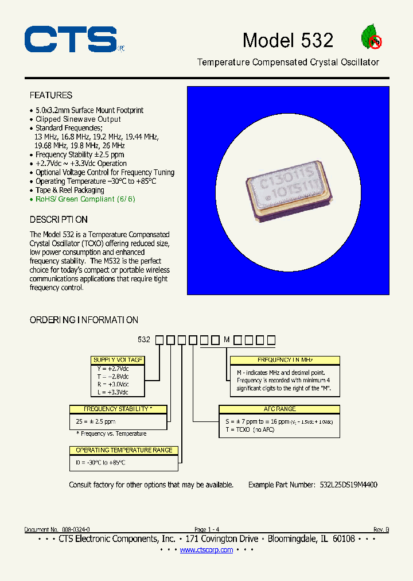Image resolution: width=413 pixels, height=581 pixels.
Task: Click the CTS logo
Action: pyautogui.click(x=71, y=40)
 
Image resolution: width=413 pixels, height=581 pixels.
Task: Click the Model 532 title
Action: pyautogui.click(x=287, y=40)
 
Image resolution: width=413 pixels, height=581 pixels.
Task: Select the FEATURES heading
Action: pyautogui.click(x=51, y=95)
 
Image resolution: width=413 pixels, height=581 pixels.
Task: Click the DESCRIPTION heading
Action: pyautogui.click(x=59, y=220)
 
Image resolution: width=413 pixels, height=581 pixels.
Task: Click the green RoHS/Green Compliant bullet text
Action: pyautogui.click(x=85, y=199)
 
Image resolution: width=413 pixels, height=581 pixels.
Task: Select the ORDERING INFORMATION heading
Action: pyautogui.click(x=84, y=320)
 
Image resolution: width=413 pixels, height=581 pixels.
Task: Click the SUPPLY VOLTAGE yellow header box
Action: pyautogui.click(x=118, y=360)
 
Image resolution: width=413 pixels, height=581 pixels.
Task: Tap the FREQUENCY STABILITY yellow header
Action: pyautogui.click(x=118, y=409)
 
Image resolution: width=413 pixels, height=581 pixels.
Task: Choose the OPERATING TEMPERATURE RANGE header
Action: pyautogui.click(x=124, y=450)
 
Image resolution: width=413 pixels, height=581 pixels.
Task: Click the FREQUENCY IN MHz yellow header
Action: pyautogui.click(x=285, y=360)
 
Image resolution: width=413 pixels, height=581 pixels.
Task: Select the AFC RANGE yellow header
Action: pyautogui.click(x=279, y=409)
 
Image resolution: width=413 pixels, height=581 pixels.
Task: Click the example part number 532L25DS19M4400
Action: pyautogui.click(x=348, y=485)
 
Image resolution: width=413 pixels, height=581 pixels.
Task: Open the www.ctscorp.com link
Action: pyautogui.click(x=206, y=550)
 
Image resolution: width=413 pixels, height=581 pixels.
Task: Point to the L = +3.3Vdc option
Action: pyautogui.click(x=112, y=392)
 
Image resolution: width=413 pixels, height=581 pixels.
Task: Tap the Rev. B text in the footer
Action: pyautogui.click(x=381, y=529)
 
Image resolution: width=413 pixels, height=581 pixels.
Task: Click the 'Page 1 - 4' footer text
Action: pyautogui.click(x=206, y=529)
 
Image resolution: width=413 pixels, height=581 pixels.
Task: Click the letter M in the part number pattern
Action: pyautogui.click(x=227, y=340)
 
